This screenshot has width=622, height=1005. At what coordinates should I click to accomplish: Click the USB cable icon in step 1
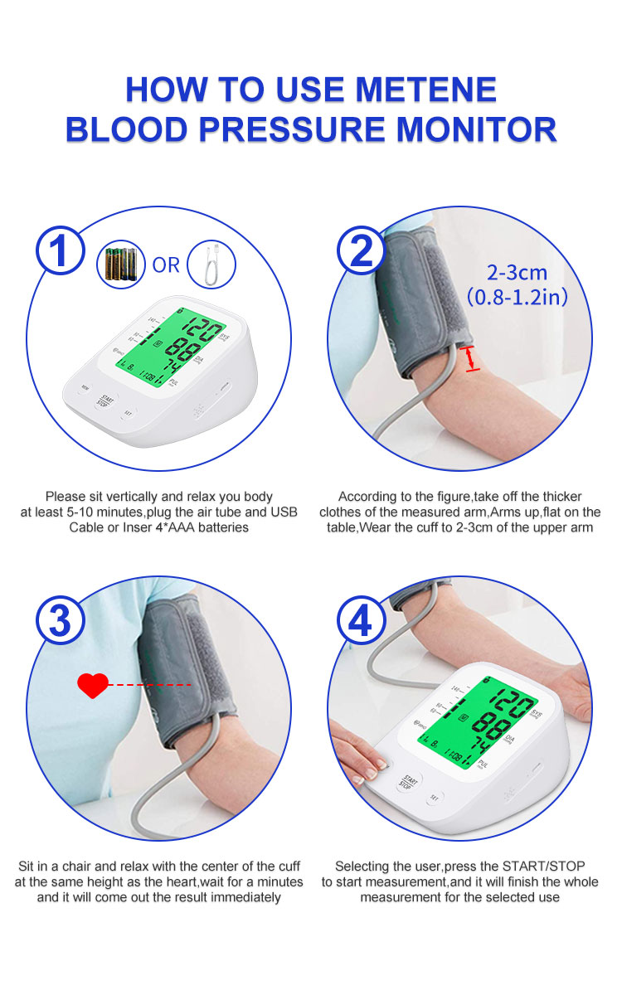tap(211, 264)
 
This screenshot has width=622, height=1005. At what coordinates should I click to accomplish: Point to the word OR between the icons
tap(166, 265)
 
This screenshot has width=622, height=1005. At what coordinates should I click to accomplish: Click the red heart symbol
tap(92, 685)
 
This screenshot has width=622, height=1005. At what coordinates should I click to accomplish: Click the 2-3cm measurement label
tap(517, 272)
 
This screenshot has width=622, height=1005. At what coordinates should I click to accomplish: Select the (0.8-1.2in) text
tap(517, 296)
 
